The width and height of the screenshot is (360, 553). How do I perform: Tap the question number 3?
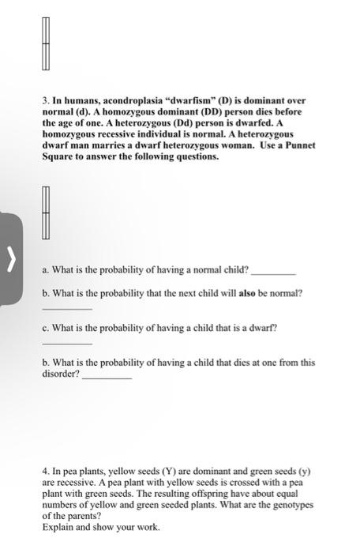coord(45,101)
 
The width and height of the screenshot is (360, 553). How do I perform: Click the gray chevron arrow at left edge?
coord(10,257)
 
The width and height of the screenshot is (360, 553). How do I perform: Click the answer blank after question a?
coord(272,271)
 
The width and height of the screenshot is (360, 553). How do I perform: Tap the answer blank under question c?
coord(66,342)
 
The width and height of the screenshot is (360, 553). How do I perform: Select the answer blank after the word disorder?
coord(107,376)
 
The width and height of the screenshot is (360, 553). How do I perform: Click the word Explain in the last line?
coord(58,526)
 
